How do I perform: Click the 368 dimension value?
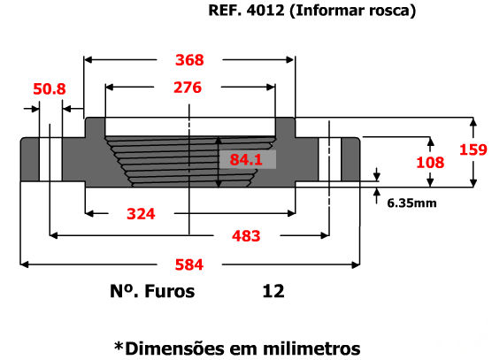tap(189, 60)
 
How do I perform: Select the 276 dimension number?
tap(188, 88)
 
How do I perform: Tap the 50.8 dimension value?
tap(50, 89)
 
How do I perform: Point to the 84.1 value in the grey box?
tap(246, 159)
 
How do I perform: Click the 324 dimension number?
tap(141, 214)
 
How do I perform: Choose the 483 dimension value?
tap(246, 236)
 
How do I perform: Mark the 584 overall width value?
tap(189, 264)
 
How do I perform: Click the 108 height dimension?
tap(430, 163)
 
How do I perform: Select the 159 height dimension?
tap(473, 149)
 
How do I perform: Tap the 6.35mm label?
tap(411, 203)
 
